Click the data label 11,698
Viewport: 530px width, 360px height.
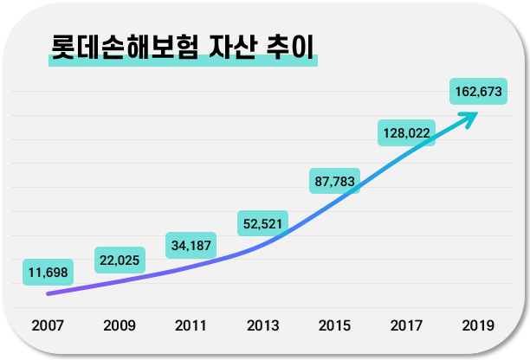pyautogui.click(x=48, y=273)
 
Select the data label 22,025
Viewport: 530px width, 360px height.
pyautogui.click(x=120, y=259)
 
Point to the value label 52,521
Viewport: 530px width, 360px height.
pyautogui.click(x=262, y=223)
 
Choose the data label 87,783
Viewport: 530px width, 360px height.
pyautogui.click(x=334, y=181)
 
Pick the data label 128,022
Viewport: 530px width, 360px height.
pyautogui.click(x=406, y=133)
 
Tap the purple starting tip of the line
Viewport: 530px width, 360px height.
pyautogui.click(x=50, y=293)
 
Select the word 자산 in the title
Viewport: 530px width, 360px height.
pyautogui.click(x=233, y=45)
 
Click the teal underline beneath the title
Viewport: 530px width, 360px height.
pyautogui.click(x=182, y=61)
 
